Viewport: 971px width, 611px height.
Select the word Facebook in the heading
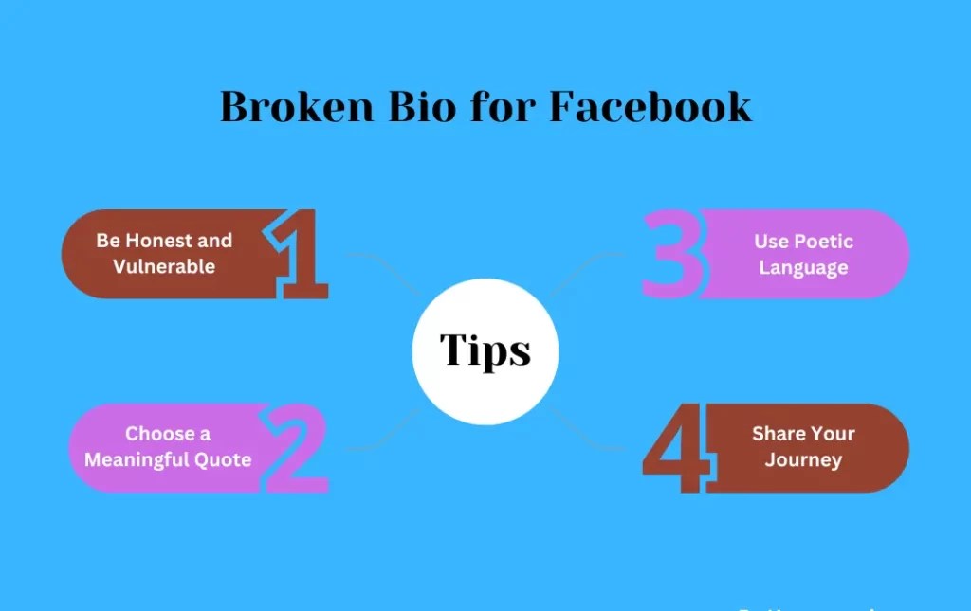pos(650,107)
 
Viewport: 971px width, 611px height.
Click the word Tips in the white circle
pos(485,351)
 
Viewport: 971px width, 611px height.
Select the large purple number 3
pos(673,255)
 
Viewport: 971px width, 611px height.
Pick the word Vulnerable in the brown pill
pos(164,266)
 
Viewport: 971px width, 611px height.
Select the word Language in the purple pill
pos(803,267)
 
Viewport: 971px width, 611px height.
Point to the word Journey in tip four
pos(803,460)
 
